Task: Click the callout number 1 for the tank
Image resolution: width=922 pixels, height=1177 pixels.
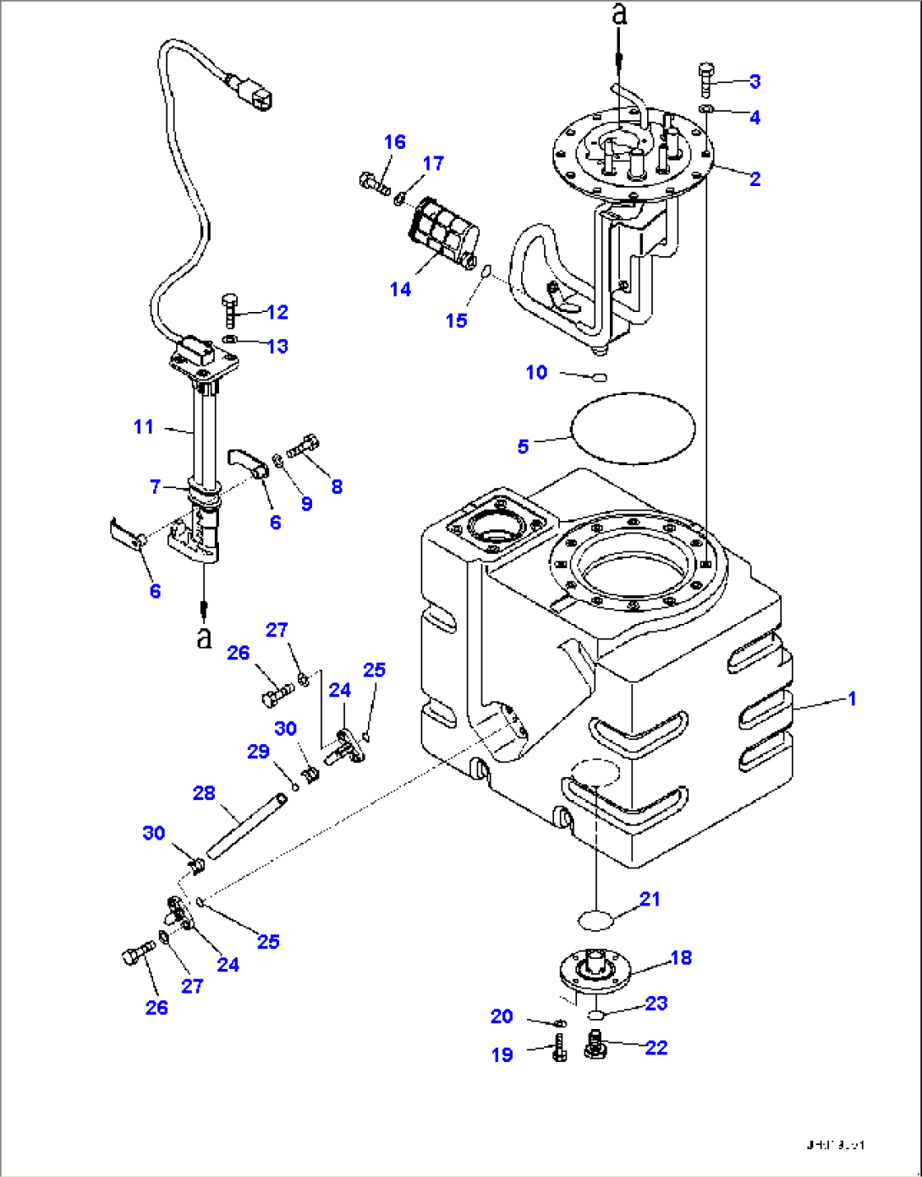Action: [852, 698]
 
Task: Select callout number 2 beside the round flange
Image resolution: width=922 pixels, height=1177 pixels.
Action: [755, 178]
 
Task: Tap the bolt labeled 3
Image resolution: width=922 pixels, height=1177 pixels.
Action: [707, 80]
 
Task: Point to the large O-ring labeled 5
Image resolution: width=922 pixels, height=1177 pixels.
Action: [634, 427]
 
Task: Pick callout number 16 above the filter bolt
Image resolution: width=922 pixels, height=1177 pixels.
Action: [394, 142]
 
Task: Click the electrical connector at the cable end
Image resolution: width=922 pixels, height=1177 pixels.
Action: [255, 94]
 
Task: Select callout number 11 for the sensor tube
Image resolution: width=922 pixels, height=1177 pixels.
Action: [143, 427]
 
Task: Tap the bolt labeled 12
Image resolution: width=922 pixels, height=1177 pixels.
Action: [230, 311]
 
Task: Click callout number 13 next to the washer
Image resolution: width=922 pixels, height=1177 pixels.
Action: [277, 346]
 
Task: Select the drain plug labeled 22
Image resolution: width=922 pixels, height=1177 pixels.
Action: [595, 1046]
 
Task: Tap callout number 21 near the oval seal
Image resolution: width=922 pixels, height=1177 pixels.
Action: [649, 899]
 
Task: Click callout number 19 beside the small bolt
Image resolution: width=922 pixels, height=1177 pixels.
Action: [502, 1054]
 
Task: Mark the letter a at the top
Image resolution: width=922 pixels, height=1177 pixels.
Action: [620, 14]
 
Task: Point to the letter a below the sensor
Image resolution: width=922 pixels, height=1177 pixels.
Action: [204, 638]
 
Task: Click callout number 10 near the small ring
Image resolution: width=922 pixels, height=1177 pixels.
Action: [536, 372]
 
